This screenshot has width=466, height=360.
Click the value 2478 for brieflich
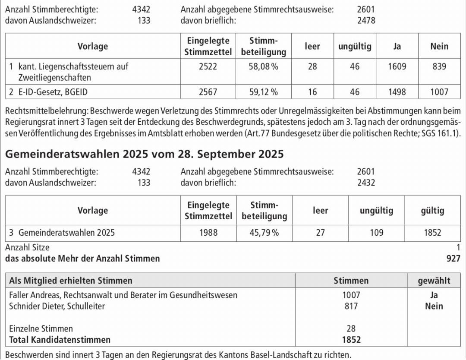pos(366,20)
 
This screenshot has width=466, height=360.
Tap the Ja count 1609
pos(397,67)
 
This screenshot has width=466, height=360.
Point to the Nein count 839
pos(439,67)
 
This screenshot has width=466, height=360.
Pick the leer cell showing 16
pos(312,92)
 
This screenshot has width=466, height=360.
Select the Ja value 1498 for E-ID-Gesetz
pos(397,92)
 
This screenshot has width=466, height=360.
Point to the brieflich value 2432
pos(366,183)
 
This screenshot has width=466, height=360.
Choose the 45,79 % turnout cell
pos(264,233)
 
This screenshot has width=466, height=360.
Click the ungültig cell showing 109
pos(376,233)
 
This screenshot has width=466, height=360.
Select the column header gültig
pos(432,211)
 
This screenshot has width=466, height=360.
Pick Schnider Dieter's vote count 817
pos(351,306)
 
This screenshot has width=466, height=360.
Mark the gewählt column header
pos(434,281)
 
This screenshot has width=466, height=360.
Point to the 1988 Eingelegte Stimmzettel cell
pos(208,233)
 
